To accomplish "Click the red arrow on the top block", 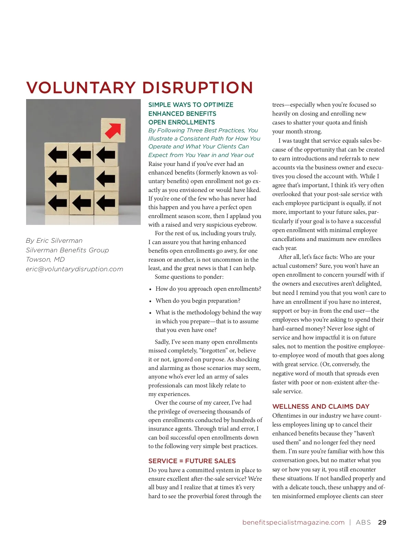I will coord(113,130).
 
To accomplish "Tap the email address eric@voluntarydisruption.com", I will coord(75,269).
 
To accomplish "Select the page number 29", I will coord(382,523).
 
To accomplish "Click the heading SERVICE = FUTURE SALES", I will coord(192,461).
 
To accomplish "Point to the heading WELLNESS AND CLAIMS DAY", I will coord(321,407).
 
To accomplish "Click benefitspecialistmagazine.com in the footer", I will coord(293,523).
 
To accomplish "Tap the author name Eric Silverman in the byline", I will coord(59,241).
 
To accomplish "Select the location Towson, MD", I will coord(45,260).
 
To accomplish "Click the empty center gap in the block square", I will coord(81,179).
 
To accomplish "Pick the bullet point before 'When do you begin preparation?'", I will coord(150,301).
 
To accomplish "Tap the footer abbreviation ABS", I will coord(363,523).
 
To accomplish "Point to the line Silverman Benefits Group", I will coord(67,250).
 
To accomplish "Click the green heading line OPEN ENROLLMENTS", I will coord(182,122).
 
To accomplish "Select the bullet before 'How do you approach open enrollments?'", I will coord(150,289).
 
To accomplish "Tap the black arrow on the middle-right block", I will coord(106,179).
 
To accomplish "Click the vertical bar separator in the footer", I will coord(350,523).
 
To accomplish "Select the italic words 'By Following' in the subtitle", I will coord(165,131).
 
